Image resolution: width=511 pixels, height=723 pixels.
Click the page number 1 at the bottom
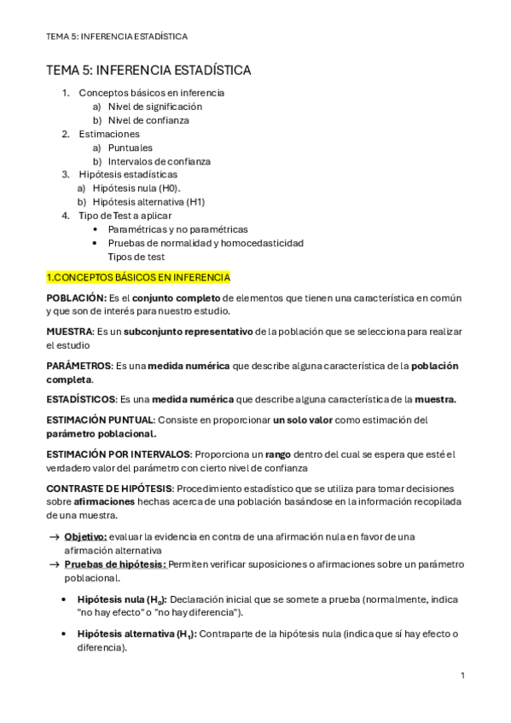(462, 675)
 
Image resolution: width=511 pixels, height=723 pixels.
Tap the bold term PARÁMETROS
(78, 366)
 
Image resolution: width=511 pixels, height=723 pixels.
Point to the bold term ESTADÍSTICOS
(81, 399)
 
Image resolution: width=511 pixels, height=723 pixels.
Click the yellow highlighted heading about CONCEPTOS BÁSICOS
(137, 277)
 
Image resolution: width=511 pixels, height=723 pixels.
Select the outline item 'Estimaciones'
(109, 134)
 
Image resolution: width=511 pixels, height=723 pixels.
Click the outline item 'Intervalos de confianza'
(160, 161)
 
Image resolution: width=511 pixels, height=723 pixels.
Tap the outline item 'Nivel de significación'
(155, 107)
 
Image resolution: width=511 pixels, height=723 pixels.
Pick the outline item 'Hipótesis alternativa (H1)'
(148, 202)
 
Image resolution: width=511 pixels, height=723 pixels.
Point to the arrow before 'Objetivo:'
(55, 536)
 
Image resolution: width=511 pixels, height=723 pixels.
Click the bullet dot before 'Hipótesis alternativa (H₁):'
(65, 633)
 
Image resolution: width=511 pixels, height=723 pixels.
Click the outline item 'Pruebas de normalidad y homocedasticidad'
(206, 243)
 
